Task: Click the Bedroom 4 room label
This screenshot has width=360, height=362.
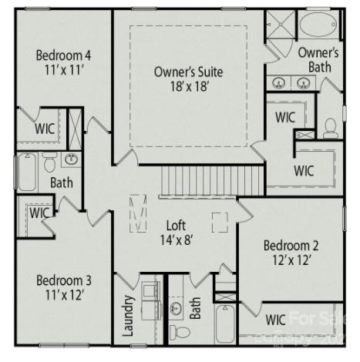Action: pyautogui.click(x=64, y=55)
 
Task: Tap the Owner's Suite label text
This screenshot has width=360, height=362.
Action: pyautogui.click(x=188, y=72)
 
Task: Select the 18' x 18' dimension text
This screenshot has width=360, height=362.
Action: pyautogui.click(x=188, y=86)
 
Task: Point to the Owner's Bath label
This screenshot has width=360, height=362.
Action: pyautogui.click(x=318, y=60)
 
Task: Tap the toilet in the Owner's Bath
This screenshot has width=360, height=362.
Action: pyautogui.click(x=331, y=128)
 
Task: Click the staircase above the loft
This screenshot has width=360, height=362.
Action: pyautogui.click(x=212, y=182)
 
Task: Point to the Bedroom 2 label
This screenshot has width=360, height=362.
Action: pyautogui.click(x=291, y=246)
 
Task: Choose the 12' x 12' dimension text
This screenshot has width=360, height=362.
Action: pyautogui.click(x=291, y=260)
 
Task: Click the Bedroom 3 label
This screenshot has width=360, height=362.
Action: pyautogui.click(x=64, y=279)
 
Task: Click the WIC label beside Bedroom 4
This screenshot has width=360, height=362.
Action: pyautogui.click(x=44, y=129)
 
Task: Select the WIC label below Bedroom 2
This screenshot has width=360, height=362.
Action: pyautogui.click(x=275, y=319)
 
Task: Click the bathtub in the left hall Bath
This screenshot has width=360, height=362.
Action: pyautogui.click(x=26, y=172)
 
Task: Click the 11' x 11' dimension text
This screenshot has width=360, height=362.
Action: pyautogui.click(x=64, y=70)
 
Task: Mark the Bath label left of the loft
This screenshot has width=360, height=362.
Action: pyautogui.click(x=62, y=183)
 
